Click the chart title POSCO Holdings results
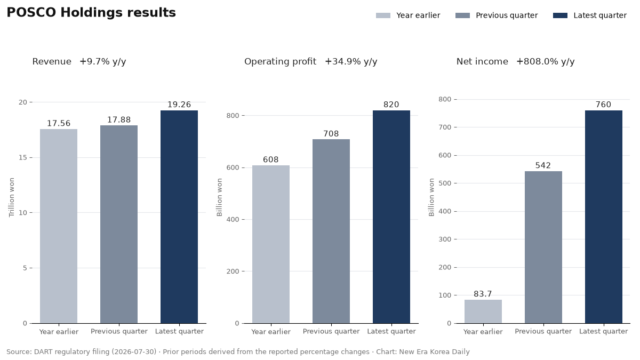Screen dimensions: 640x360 point(91,13)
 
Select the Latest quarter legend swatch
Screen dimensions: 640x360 point(560,15)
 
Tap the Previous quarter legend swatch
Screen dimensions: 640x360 point(462,15)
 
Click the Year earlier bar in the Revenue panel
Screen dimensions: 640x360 point(59,226)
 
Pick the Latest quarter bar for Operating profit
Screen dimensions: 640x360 point(391,217)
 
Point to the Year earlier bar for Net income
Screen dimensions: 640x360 point(483,311)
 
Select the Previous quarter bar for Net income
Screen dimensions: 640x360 point(543,247)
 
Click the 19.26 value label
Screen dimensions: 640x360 point(179,105)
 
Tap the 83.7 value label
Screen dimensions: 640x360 point(483,294)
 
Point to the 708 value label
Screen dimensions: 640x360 point(331,134)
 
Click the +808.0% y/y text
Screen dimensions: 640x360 point(546,61)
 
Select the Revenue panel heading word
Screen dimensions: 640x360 point(52,61)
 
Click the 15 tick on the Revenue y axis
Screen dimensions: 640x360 point(23,157)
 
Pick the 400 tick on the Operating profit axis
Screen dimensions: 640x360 point(233,219)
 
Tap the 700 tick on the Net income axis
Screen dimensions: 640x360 point(445,127)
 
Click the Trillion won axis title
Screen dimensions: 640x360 point(11,197)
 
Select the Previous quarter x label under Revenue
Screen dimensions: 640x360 point(119,331)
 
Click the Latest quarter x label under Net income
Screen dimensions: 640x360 point(603,331)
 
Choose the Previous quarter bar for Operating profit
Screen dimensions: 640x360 point(331,231)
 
